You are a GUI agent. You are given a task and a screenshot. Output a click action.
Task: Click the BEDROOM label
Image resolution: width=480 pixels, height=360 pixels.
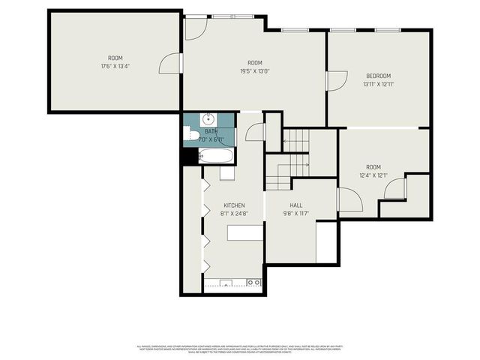(378, 76)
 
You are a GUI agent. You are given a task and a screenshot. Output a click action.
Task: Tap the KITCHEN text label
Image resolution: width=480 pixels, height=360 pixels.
(234, 205)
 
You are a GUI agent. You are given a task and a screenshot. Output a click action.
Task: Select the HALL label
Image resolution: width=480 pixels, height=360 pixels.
(295, 205)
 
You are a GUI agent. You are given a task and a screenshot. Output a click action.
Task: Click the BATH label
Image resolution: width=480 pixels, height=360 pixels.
(211, 131)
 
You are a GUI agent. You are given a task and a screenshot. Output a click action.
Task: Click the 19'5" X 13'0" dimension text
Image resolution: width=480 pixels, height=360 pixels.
(254, 71)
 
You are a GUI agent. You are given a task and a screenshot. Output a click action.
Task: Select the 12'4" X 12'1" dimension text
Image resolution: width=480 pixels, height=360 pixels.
(373, 175)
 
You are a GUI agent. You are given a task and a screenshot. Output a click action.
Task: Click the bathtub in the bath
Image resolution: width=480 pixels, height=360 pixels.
(217, 156)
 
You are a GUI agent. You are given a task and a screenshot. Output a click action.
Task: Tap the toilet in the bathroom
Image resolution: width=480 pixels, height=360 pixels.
(192, 136)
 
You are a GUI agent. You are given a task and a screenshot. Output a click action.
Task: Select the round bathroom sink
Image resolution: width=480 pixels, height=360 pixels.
(208, 119)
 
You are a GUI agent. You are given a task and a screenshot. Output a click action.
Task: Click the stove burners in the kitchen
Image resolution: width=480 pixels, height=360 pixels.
(253, 283)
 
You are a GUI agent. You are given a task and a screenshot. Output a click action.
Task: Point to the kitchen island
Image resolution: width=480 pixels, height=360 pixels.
(245, 232)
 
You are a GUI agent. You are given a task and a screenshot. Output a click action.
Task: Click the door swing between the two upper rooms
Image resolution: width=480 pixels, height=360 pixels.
(171, 63)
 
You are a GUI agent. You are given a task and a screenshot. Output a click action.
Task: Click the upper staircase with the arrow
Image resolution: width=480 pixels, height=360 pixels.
(296, 139)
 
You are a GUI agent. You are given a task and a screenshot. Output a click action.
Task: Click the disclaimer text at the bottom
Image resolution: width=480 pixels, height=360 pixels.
(240, 348)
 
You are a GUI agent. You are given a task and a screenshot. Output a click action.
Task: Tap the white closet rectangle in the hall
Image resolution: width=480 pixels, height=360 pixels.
(325, 241)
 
